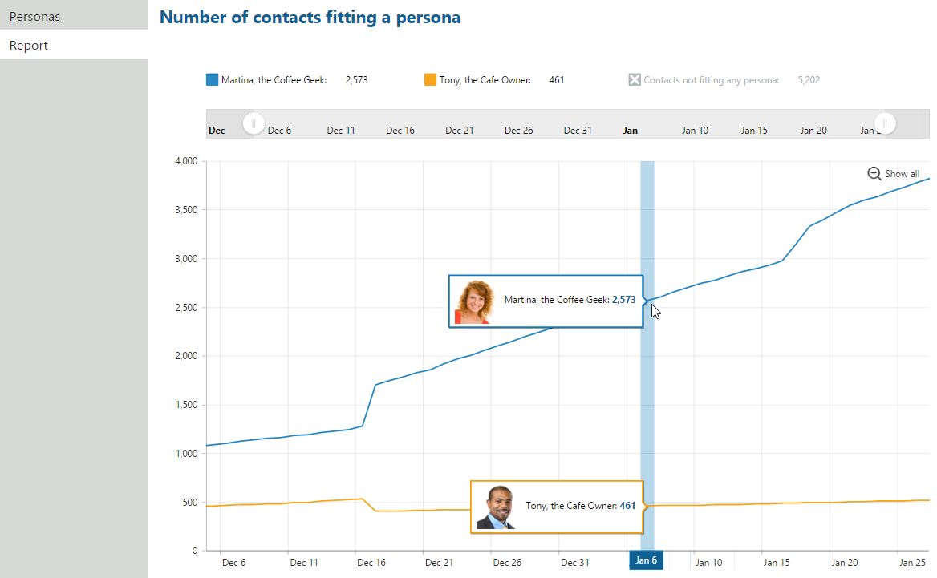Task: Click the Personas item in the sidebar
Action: click(34, 16)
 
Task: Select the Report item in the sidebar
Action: click(29, 46)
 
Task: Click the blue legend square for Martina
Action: click(212, 80)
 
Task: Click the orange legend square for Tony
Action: click(430, 80)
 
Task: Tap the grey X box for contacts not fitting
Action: click(635, 80)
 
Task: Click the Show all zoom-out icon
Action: click(874, 174)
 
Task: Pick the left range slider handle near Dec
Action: click(254, 123)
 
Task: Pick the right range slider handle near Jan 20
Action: click(885, 123)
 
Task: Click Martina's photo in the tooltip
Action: click(473, 302)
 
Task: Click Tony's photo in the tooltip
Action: click(495, 507)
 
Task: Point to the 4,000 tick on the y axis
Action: click(185, 161)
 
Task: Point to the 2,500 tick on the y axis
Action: click(185, 308)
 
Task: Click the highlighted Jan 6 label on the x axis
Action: click(647, 561)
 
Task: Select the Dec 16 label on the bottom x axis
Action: click(371, 563)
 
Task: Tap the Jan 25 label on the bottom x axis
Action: click(913, 563)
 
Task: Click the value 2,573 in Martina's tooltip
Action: click(623, 300)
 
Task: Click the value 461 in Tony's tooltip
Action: click(627, 506)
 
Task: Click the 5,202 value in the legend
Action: click(809, 80)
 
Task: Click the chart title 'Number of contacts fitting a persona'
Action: click(310, 17)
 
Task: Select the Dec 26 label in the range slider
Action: click(518, 131)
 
